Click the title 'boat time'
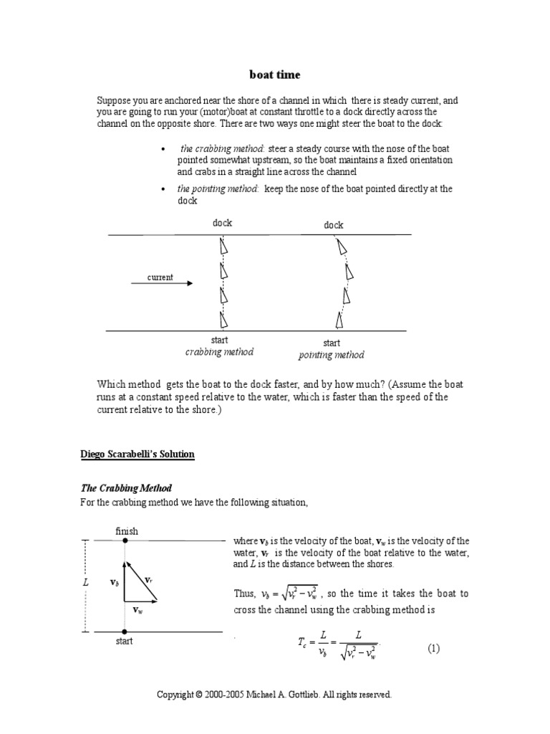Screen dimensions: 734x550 [275, 74]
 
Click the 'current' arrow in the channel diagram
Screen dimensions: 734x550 [162, 284]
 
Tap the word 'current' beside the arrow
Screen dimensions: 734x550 [160, 277]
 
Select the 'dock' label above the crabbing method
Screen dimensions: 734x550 [222, 223]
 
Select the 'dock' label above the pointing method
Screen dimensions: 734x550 [333, 225]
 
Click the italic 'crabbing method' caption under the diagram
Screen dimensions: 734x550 [219, 352]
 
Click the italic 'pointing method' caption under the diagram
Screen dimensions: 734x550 [331, 355]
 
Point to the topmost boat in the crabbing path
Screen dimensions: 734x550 [223, 246]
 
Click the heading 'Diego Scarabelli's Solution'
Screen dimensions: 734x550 [137, 454]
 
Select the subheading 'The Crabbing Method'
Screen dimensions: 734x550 [125, 488]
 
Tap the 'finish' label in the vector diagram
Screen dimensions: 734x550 [127, 531]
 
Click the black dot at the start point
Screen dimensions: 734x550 [125, 631]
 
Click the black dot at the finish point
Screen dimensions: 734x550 [125, 540]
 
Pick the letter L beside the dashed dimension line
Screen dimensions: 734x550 [85, 583]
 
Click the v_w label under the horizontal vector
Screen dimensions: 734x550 [138, 609]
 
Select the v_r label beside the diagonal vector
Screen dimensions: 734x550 [148, 579]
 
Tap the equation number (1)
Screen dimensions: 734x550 [434, 648]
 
